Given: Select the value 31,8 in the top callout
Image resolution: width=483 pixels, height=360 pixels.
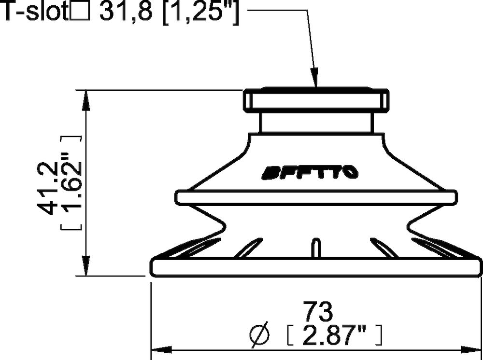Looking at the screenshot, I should (x=128, y=13).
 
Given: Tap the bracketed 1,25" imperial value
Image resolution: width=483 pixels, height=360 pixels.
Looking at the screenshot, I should (x=201, y=13).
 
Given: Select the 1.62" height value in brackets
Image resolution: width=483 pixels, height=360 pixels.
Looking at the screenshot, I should (x=71, y=183).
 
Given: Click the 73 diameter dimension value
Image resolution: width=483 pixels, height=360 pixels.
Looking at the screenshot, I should (x=317, y=312).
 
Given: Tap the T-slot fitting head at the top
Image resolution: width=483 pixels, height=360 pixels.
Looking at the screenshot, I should (x=315, y=100).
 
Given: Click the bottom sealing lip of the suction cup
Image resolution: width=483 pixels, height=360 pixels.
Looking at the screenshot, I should (x=316, y=267).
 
